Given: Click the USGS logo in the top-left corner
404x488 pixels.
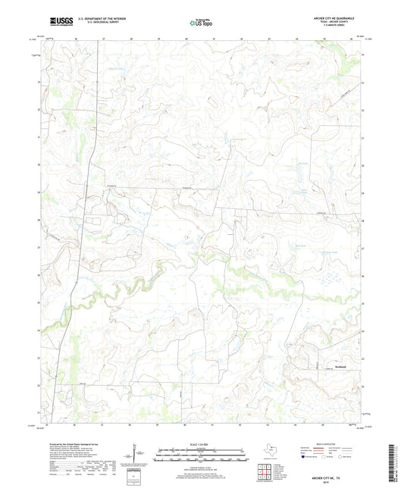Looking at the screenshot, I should pyautogui.click(x=57, y=23).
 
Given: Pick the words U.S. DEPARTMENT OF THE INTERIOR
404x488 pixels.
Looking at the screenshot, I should pyautogui.click(x=96, y=19).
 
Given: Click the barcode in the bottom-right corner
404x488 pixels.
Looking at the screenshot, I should pyautogui.click(x=393, y=463).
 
